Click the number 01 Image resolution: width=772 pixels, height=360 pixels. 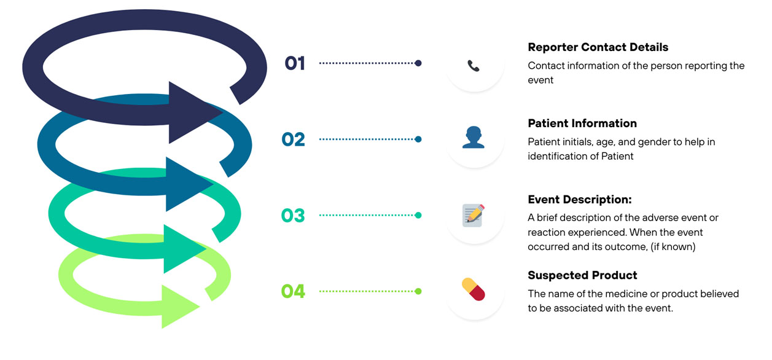(x=295, y=63)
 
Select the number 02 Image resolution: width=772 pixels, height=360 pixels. (x=294, y=139)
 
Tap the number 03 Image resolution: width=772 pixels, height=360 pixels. (x=293, y=216)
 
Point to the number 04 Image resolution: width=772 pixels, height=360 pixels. (x=293, y=291)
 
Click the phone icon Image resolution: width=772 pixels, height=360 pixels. (x=473, y=65)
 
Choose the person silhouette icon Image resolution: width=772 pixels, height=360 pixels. (x=473, y=138)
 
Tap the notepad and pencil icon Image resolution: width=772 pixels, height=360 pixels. (x=473, y=215)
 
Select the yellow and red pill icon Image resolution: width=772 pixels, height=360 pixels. (x=473, y=289)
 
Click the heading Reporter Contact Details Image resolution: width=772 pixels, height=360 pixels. (x=598, y=47)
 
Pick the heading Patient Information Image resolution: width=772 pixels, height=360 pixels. (x=582, y=123)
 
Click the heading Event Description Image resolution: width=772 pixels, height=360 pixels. (x=580, y=200)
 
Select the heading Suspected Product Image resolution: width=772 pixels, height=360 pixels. (x=582, y=275)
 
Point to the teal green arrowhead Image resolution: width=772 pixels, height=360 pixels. (x=183, y=248)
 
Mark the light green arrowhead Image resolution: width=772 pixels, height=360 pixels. (x=179, y=306)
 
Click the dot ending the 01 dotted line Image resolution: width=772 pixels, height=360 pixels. (x=418, y=63)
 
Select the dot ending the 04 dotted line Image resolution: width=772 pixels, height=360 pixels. (x=418, y=291)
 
